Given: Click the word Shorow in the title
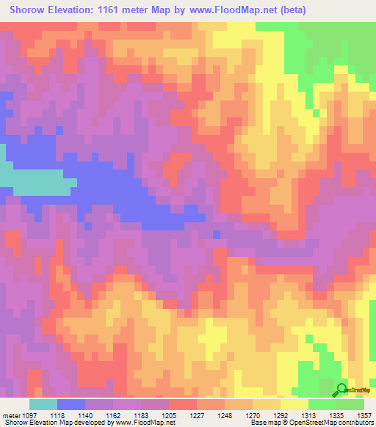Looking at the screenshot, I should [29, 10].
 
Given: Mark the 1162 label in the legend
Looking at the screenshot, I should [114, 415].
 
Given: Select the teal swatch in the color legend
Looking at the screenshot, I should [43, 404].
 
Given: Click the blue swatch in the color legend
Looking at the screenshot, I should [71, 404].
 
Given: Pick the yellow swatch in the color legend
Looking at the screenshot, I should [294, 404].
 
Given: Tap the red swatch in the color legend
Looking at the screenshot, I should [183, 404].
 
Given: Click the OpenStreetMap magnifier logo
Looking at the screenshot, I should [341, 390].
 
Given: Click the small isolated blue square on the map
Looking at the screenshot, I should [216, 234].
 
